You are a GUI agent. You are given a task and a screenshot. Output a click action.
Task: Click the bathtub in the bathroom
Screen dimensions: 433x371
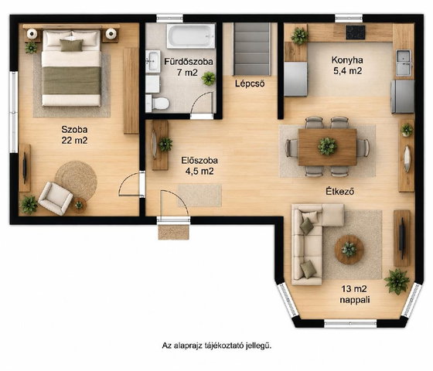(190, 36)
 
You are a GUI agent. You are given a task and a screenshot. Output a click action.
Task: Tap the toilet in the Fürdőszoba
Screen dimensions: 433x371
(158, 104)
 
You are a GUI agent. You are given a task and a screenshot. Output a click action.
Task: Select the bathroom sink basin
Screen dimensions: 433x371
(153, 61)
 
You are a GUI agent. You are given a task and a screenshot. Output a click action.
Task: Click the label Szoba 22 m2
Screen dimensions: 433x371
(74, 134)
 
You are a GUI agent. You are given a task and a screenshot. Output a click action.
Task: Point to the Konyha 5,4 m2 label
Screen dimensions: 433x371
(347, 66)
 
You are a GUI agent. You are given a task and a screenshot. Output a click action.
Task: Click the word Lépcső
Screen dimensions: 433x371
(250, 83)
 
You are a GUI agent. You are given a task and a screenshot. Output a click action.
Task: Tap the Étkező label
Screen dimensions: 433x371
(340, 191)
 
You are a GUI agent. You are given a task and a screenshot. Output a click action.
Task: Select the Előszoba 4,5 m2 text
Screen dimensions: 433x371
(199, 165)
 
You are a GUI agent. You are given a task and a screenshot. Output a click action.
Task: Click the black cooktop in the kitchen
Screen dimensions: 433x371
(356, 32)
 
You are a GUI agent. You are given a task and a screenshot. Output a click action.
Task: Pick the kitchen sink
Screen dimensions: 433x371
(404, 63)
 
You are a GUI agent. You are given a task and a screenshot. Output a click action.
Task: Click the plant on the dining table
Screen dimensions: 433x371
(327, 146)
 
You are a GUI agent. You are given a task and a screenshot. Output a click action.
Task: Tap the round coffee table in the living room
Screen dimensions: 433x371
(349, 250)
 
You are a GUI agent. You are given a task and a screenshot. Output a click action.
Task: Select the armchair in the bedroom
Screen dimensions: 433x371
(56, 198)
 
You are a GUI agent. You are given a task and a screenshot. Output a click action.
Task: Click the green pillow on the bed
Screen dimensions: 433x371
(71, 45)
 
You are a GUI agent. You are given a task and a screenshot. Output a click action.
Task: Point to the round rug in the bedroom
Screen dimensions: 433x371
(77, 180)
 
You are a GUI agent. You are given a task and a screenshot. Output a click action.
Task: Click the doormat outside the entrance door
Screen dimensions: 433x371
(173, 232)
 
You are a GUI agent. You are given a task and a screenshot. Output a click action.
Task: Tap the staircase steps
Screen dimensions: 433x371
(251, 49)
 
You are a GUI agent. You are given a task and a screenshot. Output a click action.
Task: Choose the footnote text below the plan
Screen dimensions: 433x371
(216, 345)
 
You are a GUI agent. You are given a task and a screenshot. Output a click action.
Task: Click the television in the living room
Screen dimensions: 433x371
(402, 238)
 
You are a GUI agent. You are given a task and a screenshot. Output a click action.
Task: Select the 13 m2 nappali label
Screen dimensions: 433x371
(355, 294)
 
